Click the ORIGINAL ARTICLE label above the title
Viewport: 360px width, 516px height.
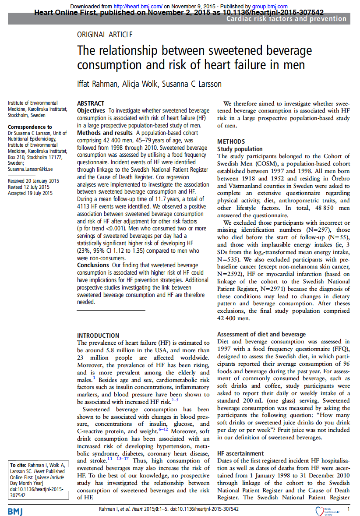[x=105, y=35]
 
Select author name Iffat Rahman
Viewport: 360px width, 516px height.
[x=97, y=84]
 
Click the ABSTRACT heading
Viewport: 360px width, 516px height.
[x=91, y=103]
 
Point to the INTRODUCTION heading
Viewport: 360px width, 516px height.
[x=98, y=336]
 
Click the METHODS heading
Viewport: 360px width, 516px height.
[x=231, y=141]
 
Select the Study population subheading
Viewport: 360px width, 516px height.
[x=240, y=149]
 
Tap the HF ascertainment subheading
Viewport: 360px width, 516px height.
[x=240, y=453]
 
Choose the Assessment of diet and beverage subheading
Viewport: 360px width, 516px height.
[x=261, y=334]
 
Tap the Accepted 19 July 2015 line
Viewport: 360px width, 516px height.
[x=30, y=193]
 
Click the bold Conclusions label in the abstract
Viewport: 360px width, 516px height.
[x=93, y=265]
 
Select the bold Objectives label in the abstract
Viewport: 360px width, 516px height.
[x=91, y=110]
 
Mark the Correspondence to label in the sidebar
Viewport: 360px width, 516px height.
[x=30, y=127]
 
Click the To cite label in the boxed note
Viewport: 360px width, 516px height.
[x=19, y=465]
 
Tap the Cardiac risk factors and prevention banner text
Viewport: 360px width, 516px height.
[x=286, y=18]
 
